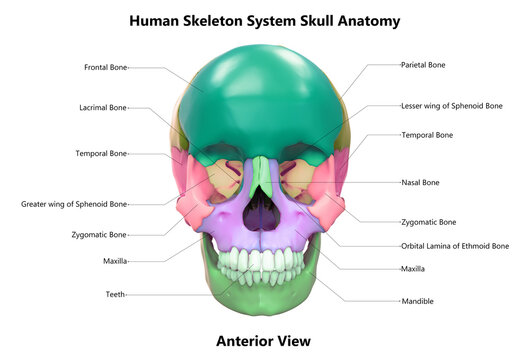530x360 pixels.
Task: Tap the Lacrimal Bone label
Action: (103, 107)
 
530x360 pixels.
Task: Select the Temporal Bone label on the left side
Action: (101, 154)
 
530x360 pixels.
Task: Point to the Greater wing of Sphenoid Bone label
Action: (74, 204)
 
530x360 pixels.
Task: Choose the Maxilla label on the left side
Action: (115, 262)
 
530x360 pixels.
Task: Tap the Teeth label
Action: (115, 294)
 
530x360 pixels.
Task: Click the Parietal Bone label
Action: (423, 65)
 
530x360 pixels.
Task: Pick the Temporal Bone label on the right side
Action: (427, 134)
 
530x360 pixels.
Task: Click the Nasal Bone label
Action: (420, 183)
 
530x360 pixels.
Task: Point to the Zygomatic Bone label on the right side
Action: (428, 222)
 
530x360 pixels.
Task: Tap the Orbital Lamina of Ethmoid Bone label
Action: (455, 245)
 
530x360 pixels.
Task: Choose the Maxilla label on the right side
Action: (413, 268)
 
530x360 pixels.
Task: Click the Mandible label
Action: (417, 301)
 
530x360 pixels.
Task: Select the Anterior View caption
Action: (264, 340)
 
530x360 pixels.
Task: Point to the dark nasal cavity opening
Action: (262, 211)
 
